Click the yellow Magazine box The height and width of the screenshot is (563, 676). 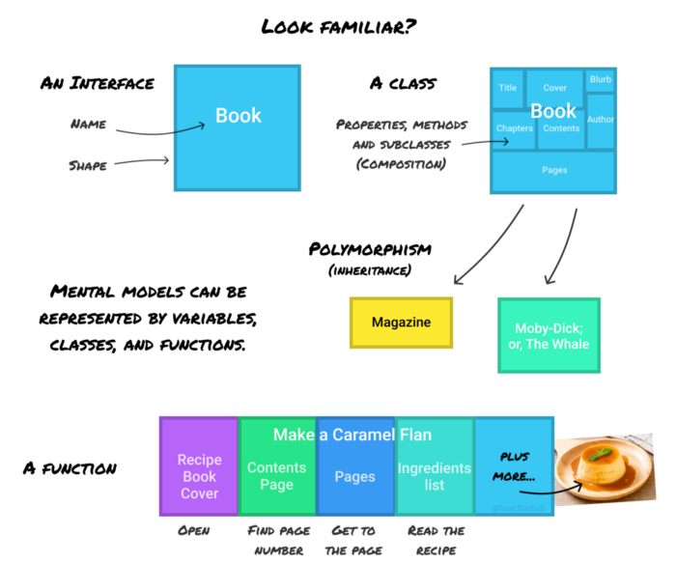coord(400,322)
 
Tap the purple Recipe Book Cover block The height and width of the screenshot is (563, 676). coord(199,465)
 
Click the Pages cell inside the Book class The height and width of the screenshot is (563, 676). coord(553,170)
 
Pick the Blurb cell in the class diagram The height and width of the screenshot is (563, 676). coord(600,80)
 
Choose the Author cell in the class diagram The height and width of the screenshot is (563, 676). coord(600,120)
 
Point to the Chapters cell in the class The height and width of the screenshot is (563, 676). coord(514,128)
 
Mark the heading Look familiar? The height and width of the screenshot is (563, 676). coord(337,26)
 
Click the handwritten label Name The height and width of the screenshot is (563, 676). coord(89,125)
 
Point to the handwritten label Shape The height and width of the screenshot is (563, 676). coord(88,165)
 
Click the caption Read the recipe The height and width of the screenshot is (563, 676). coord(436,540)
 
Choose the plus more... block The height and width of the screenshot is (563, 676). coord(514,465)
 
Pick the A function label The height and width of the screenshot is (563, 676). coord(70,468)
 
